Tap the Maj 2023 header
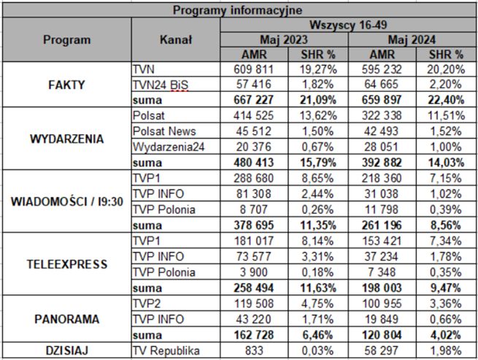[x=285, y=39]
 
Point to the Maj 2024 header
[x=413, y=39]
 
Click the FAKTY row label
[x=66, y=84]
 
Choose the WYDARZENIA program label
[x=66, y=138]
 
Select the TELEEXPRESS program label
[x=66, y=263]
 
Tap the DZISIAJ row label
[x=66, y=351]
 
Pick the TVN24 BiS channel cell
[x=161, y=85]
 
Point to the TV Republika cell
[x=166, y=351]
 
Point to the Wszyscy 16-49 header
[x=349, y=25]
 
